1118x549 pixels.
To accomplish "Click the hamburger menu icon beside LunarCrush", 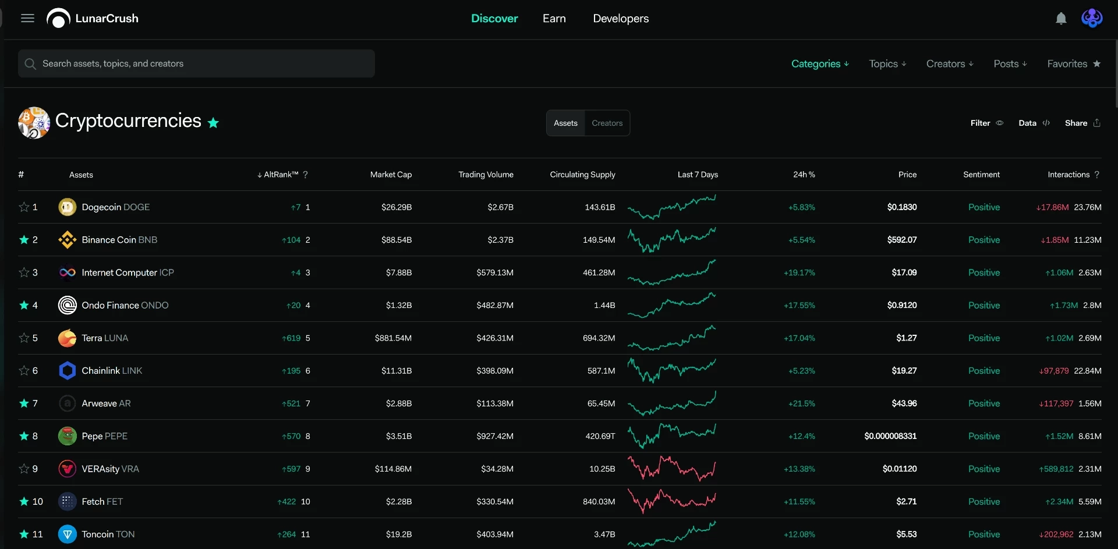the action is (27, 18).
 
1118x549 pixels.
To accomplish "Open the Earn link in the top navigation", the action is (554, 18).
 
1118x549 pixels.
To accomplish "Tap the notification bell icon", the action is (1061, 19).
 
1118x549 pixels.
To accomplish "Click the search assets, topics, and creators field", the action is (196, 63).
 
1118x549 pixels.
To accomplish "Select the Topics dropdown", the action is (887, 63).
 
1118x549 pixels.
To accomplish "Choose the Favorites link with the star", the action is (1074, 63).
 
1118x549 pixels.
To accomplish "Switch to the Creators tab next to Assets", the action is (607, 123).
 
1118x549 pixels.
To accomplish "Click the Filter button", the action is (986, 123).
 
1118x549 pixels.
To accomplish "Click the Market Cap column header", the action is (391, 175).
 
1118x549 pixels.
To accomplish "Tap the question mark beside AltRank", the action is (305, 175).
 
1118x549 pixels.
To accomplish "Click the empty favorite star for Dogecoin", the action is (24, 207).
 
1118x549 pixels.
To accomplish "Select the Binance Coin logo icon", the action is (68, 240).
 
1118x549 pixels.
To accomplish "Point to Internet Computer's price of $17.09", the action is (904, 272).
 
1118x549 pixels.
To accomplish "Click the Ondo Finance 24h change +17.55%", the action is (799, 305).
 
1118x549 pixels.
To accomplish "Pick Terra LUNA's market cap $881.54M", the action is (393, 338).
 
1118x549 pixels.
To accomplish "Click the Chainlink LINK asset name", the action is (112, 370).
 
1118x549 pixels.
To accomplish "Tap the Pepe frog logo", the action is (68, 436).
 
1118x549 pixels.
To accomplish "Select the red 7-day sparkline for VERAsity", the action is (671, 468).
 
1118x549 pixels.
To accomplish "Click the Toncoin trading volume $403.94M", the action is (495, 534).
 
